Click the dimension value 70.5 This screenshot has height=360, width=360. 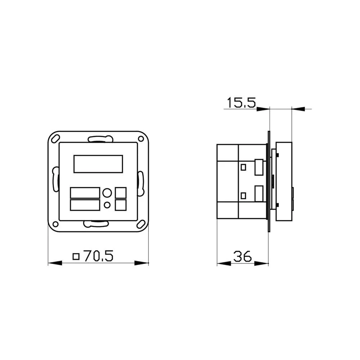(x=98, y=256)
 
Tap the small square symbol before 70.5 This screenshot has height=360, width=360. (x=76, y=256)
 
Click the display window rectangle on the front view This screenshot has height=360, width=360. (x=98, y=164)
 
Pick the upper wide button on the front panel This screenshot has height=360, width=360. (x=85, y=193)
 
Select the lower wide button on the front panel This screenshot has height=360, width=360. (x=85, y=205)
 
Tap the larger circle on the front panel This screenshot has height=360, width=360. (x=107, y=193)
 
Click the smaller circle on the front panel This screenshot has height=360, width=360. (x=107, y=205)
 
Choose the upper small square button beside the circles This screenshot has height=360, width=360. (x=121, y=193)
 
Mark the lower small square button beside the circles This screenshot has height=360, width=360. (x=121, y=205)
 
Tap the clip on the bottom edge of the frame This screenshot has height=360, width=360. (x=96, y=224)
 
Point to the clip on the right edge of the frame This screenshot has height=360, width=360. (x=140, y=181)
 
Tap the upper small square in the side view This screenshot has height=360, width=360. (x=244, y=167)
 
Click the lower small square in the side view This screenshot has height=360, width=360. (x=244, y=195)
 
